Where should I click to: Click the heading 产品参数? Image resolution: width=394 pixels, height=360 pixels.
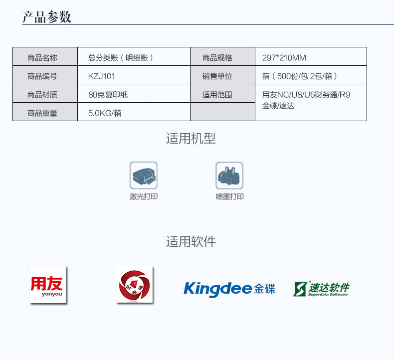pyautogui.click(x=47, y=17)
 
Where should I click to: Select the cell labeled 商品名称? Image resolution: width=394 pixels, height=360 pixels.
pyautogui.click(x=42, y=58)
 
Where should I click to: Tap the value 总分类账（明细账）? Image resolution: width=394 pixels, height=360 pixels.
pyautogui.click(x=120, y=58)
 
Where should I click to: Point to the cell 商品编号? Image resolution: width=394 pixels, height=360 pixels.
pyautogui.click(x=42, y=76)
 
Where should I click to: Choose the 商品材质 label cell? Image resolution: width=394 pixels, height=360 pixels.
pyautogui.click(x=42, y=95)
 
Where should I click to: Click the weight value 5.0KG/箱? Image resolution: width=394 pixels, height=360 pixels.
pyautogui.click(x=105, y=113)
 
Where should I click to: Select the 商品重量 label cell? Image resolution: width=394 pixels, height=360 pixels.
pyautogui.click(x=42, y=113)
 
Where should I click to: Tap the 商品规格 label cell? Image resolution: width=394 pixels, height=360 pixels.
pyautogui.click(x=217, y=58)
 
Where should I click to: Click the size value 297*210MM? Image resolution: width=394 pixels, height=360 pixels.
pyautogui.click(x=284, y=58)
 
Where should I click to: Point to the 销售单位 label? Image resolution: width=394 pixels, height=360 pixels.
pyautogui.click(x=217, y=76)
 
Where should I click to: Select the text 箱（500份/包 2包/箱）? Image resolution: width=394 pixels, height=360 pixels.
pyautogui.click(x=300, y=76)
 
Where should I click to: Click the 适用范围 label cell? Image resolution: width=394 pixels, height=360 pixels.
pyautogui.click(x=217, y=95)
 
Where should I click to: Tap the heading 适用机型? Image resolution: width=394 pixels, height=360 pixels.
pyautogui.click(x=191, y=139)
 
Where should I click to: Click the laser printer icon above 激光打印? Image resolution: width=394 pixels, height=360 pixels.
pyautogui.click(x=144, y=175)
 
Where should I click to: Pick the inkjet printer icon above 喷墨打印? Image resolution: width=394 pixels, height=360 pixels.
pyautogui.click(x=229, y=175)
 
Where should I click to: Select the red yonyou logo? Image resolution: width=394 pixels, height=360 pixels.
pyautogui.click(x=48, y=285)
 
